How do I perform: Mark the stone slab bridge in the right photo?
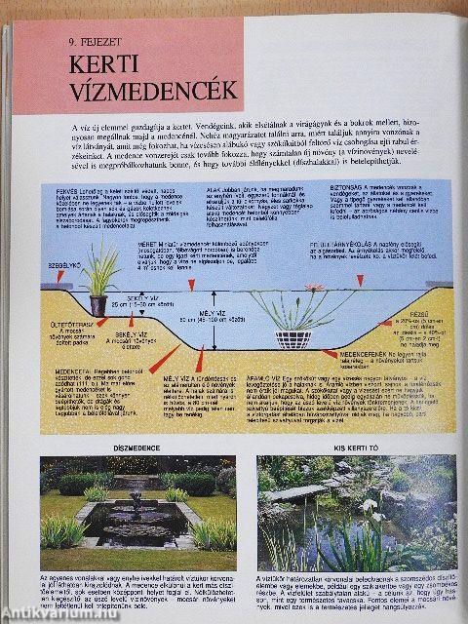tap(296, 491)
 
